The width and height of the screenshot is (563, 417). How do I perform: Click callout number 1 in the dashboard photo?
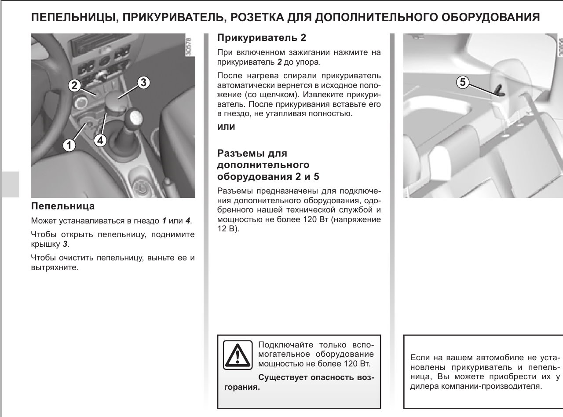[68, 144]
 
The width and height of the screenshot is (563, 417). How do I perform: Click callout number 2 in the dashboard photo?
[74, 85]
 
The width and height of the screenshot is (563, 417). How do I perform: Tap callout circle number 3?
[143, 82]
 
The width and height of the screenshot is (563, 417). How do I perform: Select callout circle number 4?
[100, 140]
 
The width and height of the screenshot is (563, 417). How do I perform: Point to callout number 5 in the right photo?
[462, 82]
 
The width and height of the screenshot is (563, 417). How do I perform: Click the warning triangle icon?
[238, 355]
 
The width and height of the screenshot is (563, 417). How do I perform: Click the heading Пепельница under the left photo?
[63, 206]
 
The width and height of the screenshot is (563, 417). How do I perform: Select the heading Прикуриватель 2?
[261, 38]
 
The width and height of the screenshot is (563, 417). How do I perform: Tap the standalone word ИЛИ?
[227, 128]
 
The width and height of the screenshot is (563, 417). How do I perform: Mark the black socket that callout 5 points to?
[501, 91]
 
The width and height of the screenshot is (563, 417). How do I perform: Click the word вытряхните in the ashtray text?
[55, 267]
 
